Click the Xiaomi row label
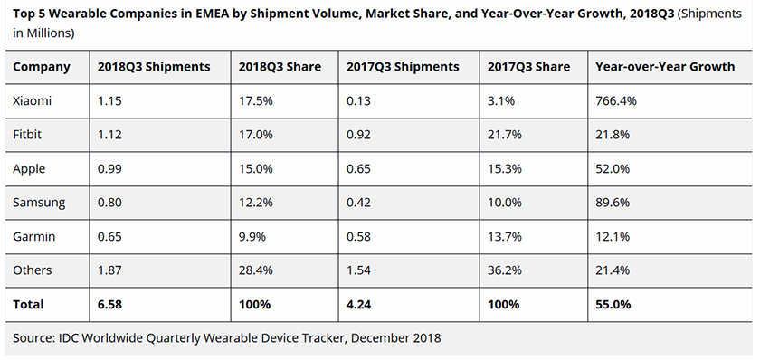click(33, 100)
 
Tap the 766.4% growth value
click(615, 100)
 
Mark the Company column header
click(42, 67)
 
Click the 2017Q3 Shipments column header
click(403, 67)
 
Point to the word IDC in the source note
click(69, 338)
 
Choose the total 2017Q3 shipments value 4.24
click(359, 305)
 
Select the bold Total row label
click(28, 305)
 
